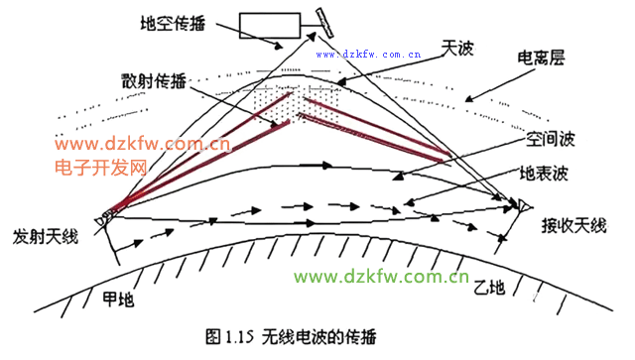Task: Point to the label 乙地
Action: (x=489, y=289)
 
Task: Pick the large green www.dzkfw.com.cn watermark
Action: (x=382, y=277)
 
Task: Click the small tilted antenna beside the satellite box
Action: (x=322, y=19)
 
